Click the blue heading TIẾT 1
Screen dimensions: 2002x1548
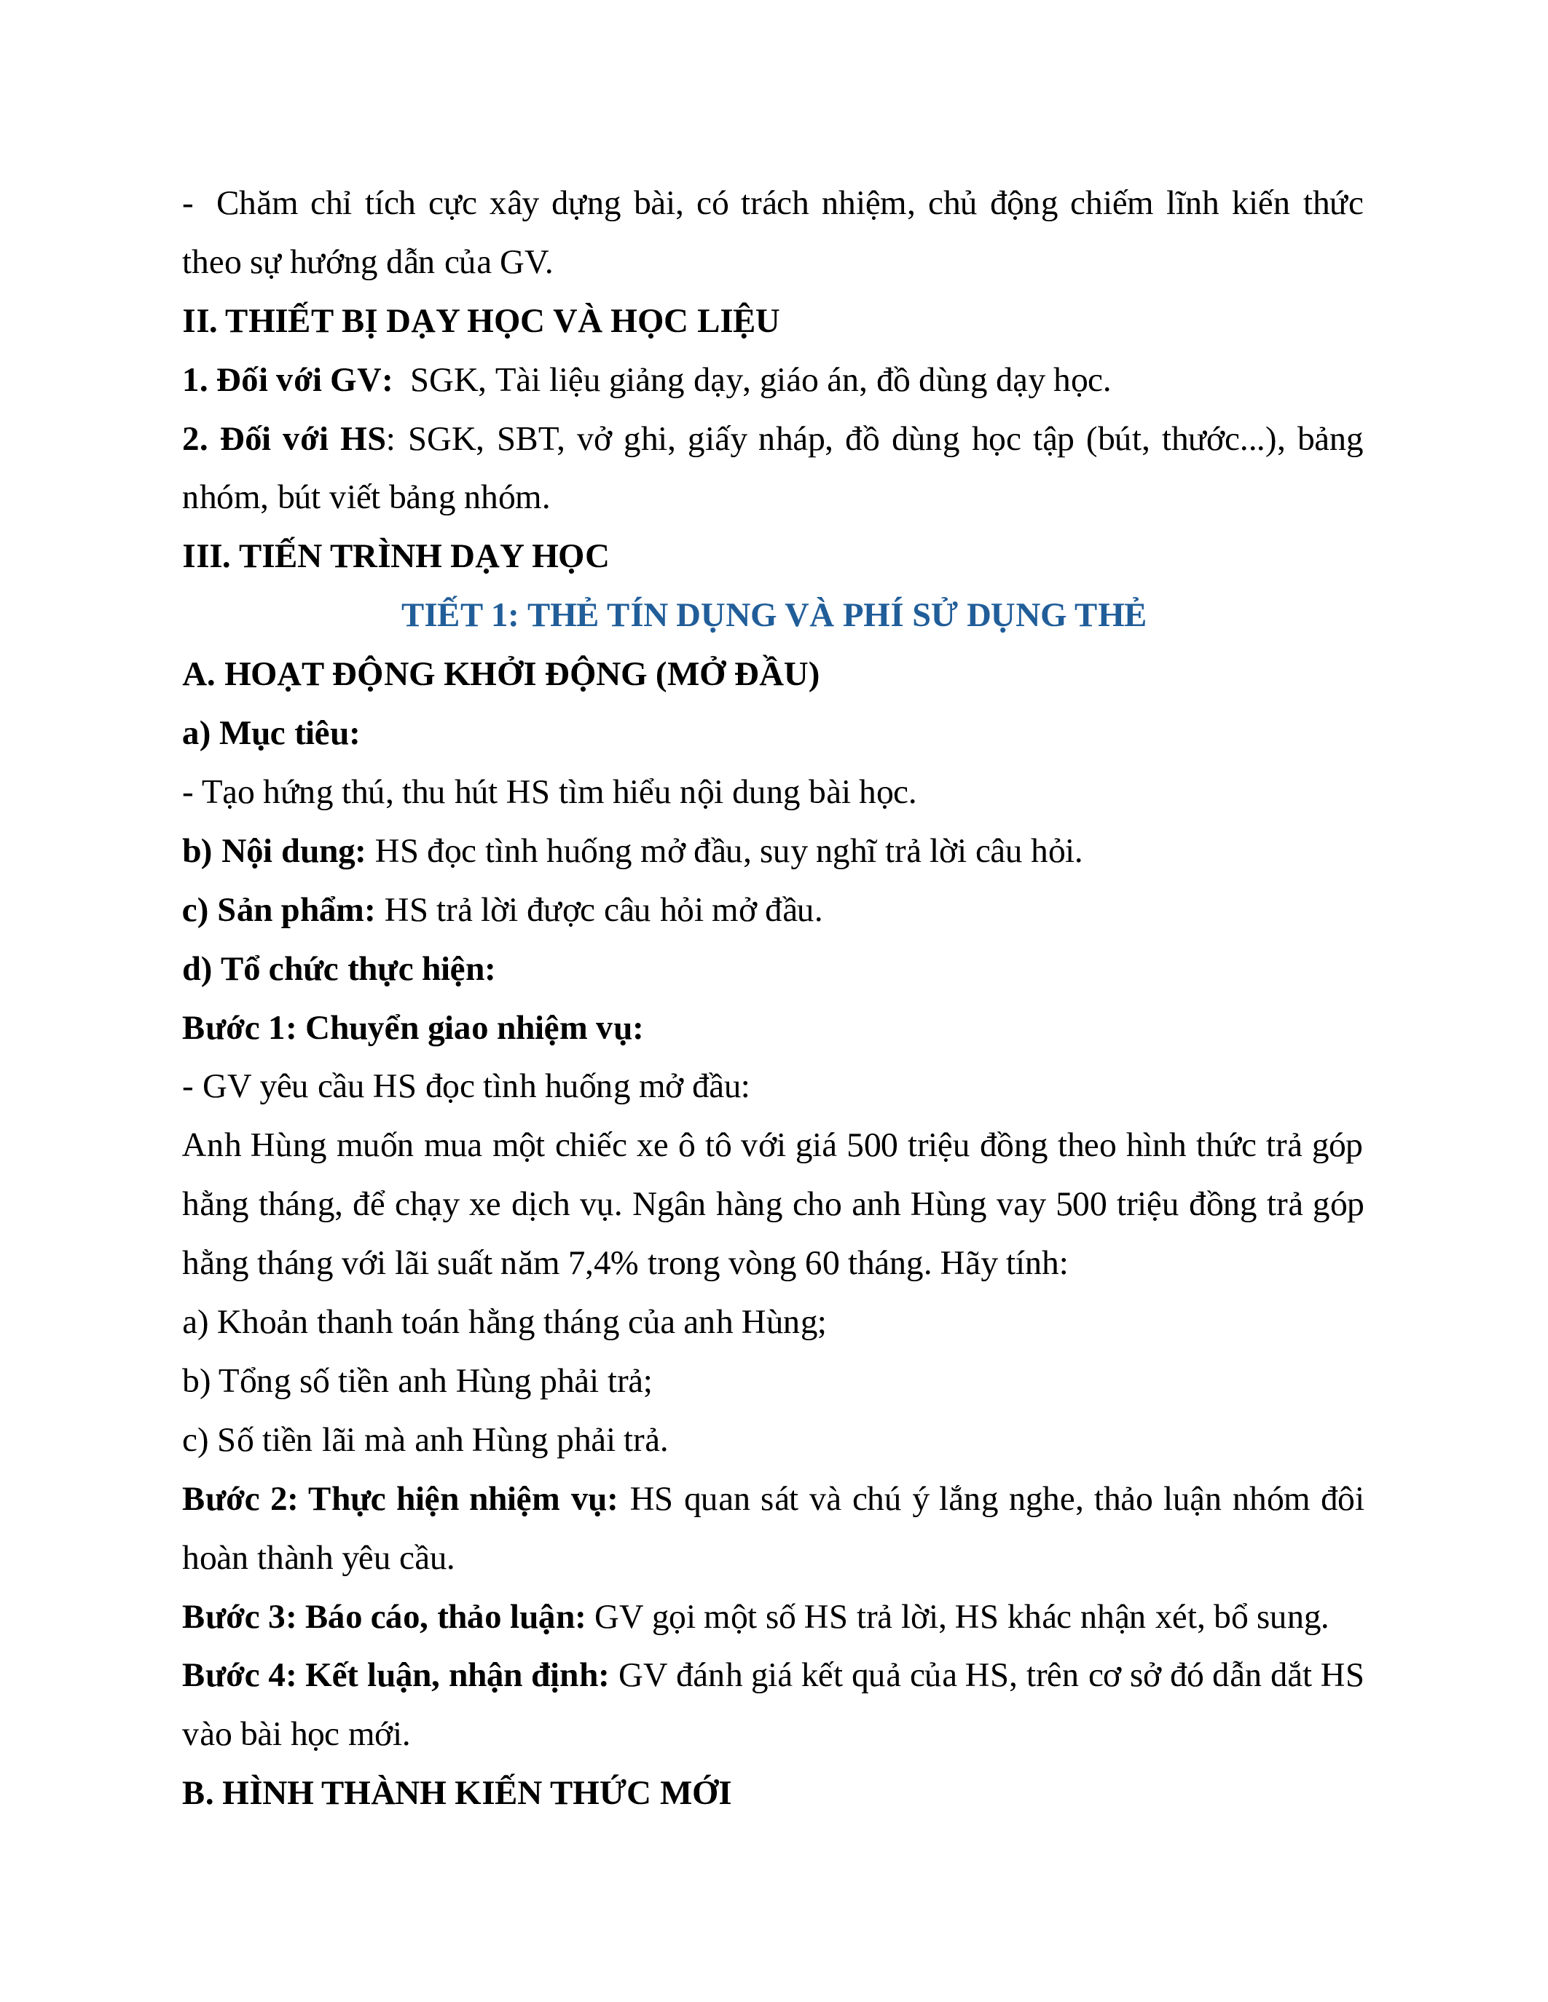click(x=773, y=615)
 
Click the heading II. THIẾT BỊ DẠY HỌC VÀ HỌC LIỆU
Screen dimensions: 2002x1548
click(x=481, y=322)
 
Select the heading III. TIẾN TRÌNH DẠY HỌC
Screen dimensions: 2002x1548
click(x=396, y=556)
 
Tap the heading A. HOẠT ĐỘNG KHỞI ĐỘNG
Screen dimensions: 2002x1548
click(x=500, y=675)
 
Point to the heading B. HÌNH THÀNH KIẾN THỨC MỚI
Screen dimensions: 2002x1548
click(x=457, y=1792)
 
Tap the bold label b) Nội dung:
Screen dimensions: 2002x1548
click(x=273, y=852)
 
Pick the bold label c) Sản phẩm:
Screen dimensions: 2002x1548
click(x=278, y=910)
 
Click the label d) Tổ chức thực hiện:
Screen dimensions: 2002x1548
click(x=339, y=969)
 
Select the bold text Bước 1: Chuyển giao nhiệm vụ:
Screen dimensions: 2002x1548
click(x=412, y=1029)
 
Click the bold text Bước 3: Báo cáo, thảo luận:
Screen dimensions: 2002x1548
click(x=383, y=1617)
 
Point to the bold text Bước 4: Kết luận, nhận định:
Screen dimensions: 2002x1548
click(x=396, y=1676)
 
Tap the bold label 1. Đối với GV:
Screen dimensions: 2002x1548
click(x=287, y=381)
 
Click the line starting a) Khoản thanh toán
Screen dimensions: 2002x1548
click(x=503, y=1323)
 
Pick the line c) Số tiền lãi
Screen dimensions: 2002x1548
click(x=425, y=1440)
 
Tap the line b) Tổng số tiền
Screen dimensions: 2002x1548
click(x=417, y=1382)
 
